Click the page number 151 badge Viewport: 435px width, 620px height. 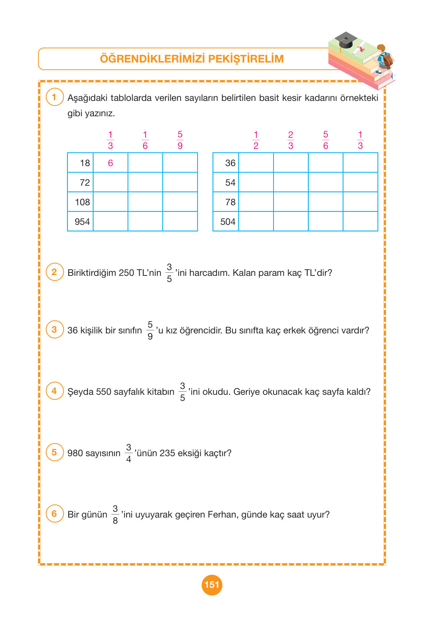212,585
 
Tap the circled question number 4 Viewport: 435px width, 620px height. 54,391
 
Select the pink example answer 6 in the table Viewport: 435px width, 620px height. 110,163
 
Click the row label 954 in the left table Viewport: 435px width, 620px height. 82,222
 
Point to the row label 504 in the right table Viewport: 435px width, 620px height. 228,222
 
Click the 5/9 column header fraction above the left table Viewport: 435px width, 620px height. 180,140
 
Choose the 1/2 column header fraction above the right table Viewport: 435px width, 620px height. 256,140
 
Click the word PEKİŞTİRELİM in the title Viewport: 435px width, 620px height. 247,59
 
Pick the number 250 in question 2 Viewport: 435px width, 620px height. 126,273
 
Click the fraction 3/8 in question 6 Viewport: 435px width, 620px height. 115,514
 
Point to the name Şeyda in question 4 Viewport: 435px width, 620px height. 81,392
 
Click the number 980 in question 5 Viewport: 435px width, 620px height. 75,453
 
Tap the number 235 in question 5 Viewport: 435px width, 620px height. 167,453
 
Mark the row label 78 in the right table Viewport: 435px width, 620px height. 230,202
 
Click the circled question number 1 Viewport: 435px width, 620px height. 54,97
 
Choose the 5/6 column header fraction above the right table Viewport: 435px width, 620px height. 326,140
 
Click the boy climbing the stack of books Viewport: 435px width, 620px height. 384,59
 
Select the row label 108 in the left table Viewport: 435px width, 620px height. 82,202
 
